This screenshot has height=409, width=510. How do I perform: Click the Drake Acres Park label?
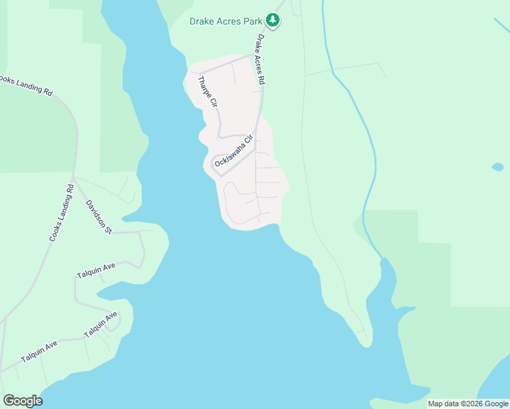coord(226,21)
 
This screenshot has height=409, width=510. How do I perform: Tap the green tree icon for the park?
coord(273,20)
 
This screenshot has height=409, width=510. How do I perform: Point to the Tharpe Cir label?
coord(207,93)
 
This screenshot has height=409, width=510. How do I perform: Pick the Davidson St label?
coord(99,217)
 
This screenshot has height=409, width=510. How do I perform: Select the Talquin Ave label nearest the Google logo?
coord(39,352)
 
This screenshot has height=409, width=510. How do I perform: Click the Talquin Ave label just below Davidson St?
coord(96,270)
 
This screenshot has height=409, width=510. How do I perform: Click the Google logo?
coord(22,400)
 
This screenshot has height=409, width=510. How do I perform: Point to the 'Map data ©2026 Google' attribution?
coord(468,404)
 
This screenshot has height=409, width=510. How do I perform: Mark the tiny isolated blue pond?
coord(498,166)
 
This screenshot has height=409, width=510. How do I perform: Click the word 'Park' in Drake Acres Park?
coord(252,21)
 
